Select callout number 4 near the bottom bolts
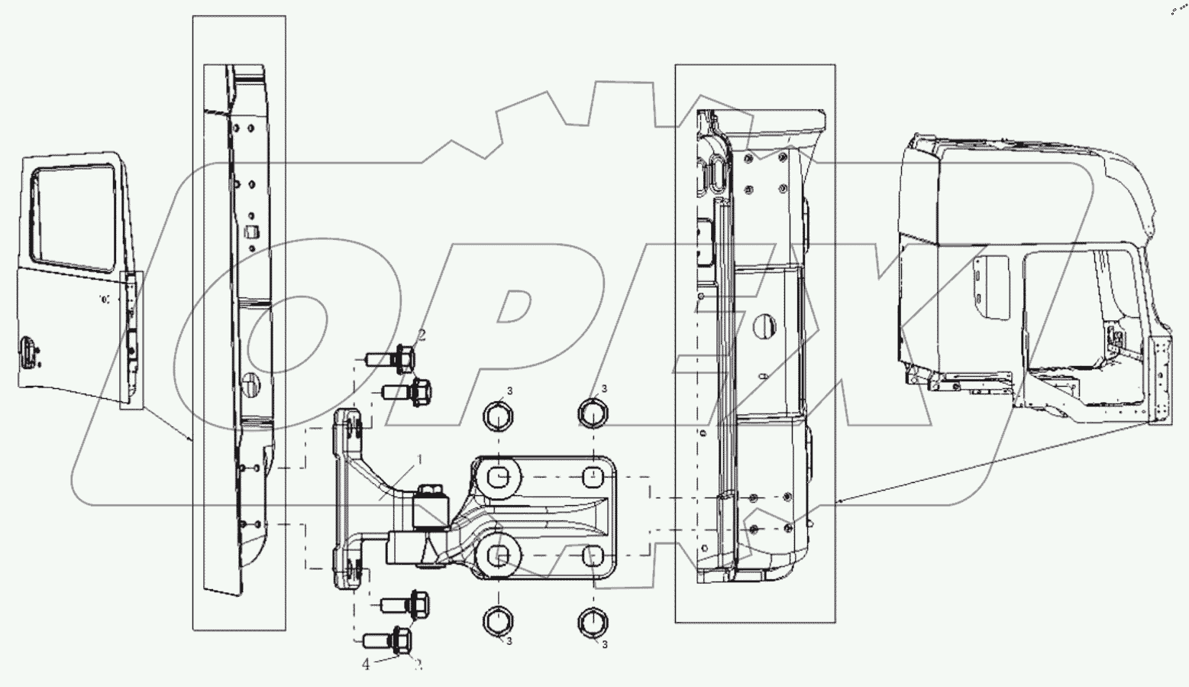coord(367,665)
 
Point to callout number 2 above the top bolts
coord(421,335)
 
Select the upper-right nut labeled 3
coord(593,413)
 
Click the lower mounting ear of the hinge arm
coord(348,572)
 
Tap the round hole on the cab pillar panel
coord(761,326)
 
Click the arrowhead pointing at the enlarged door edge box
coord(191,440)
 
